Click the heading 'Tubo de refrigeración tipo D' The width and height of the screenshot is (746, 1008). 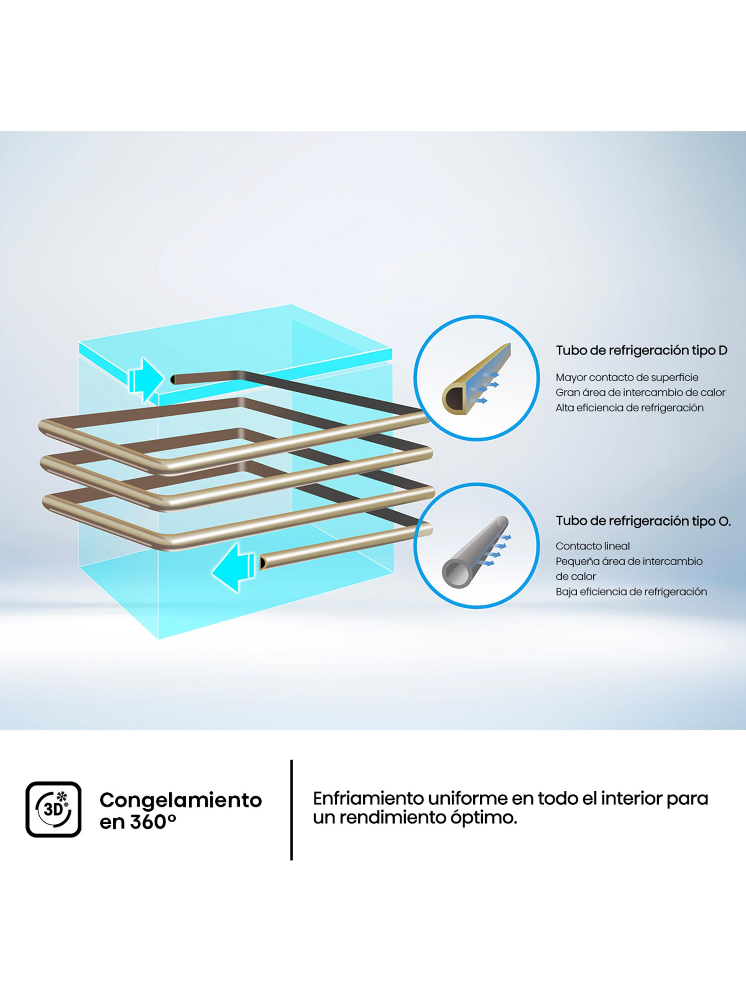[641, 351]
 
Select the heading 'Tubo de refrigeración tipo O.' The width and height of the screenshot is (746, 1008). [643, 521]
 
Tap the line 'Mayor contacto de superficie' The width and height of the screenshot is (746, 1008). [627, 377]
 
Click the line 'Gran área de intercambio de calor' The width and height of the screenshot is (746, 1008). [640, 392]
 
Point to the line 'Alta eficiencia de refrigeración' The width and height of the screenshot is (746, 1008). [630, 408]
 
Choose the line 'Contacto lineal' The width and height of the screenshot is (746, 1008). [592, 546]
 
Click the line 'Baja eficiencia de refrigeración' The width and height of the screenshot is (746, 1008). [631, 591]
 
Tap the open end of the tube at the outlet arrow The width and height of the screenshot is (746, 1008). [262, 562]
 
